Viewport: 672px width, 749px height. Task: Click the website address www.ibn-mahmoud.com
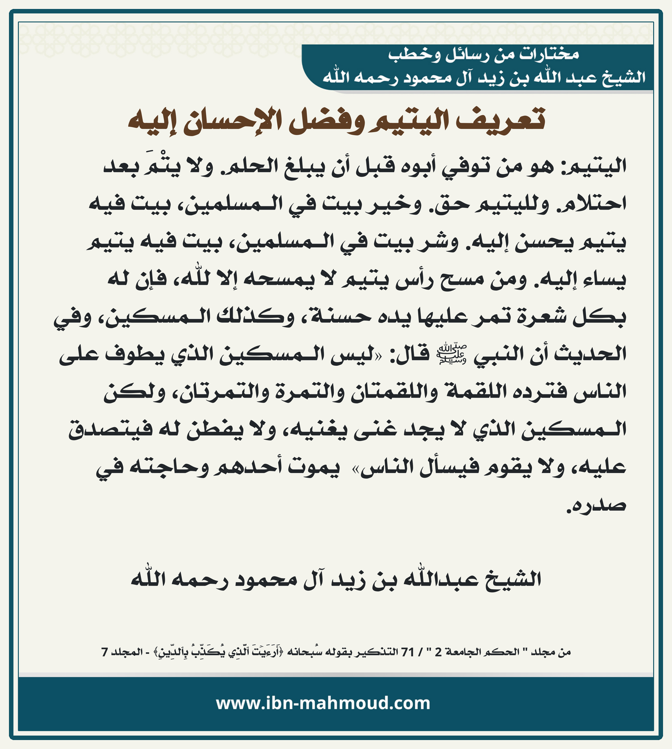click(323, 703)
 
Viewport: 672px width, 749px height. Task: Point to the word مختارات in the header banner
click(549, 55)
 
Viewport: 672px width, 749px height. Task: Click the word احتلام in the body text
click(591, 204)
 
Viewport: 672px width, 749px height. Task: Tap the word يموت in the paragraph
click(314, 467)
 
